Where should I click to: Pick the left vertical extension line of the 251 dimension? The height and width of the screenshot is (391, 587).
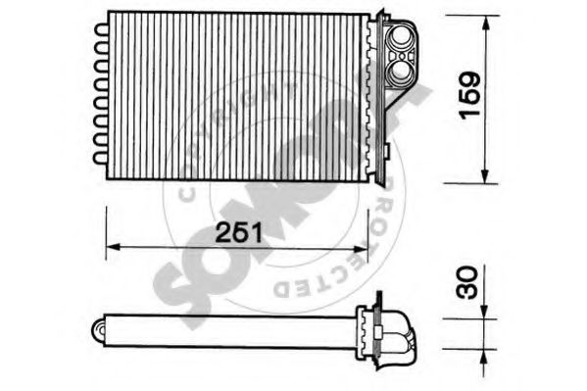click(x=106, y=235)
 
